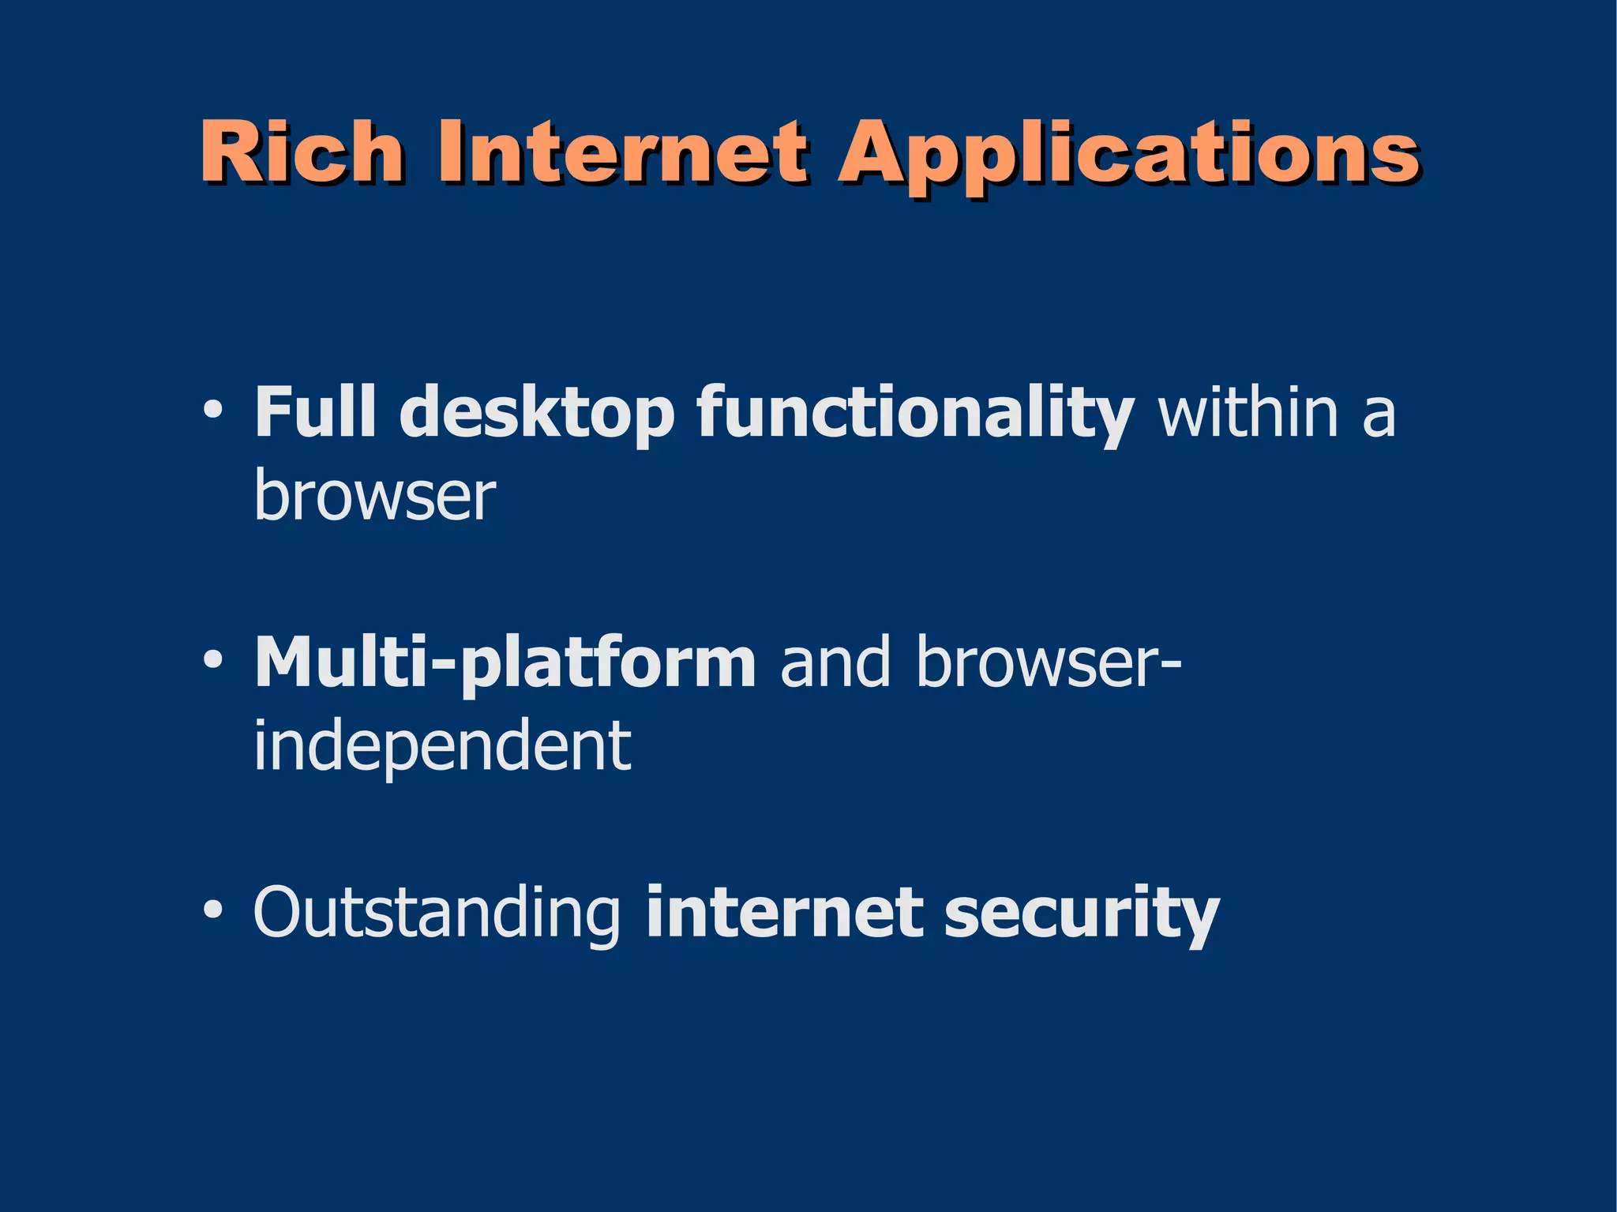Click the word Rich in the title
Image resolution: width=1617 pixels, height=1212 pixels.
tap(301, 152)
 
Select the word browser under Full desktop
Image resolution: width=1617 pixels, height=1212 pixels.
tap(375, 497)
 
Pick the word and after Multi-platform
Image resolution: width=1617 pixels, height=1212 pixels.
tap(835, 663)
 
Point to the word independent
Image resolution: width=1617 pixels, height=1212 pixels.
tap(442, 746)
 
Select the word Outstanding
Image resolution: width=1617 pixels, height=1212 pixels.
tap(437, 914)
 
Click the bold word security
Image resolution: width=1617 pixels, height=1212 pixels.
tap(1082, 916)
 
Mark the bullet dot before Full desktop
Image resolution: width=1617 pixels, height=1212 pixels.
tap(212, 412)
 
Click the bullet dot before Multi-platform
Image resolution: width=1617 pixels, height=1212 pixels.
tap(212, 662)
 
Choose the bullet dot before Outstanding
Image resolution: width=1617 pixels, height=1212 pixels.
tap(212, 911)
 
